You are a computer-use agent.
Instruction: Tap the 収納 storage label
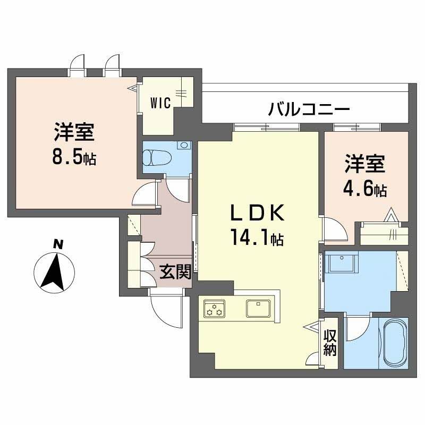pyautogui.click(x=329, y=343)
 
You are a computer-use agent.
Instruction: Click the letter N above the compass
pyautogui.click(x=59, y=244)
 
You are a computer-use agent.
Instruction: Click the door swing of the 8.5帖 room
pyautogui.click(x=143, y=196)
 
